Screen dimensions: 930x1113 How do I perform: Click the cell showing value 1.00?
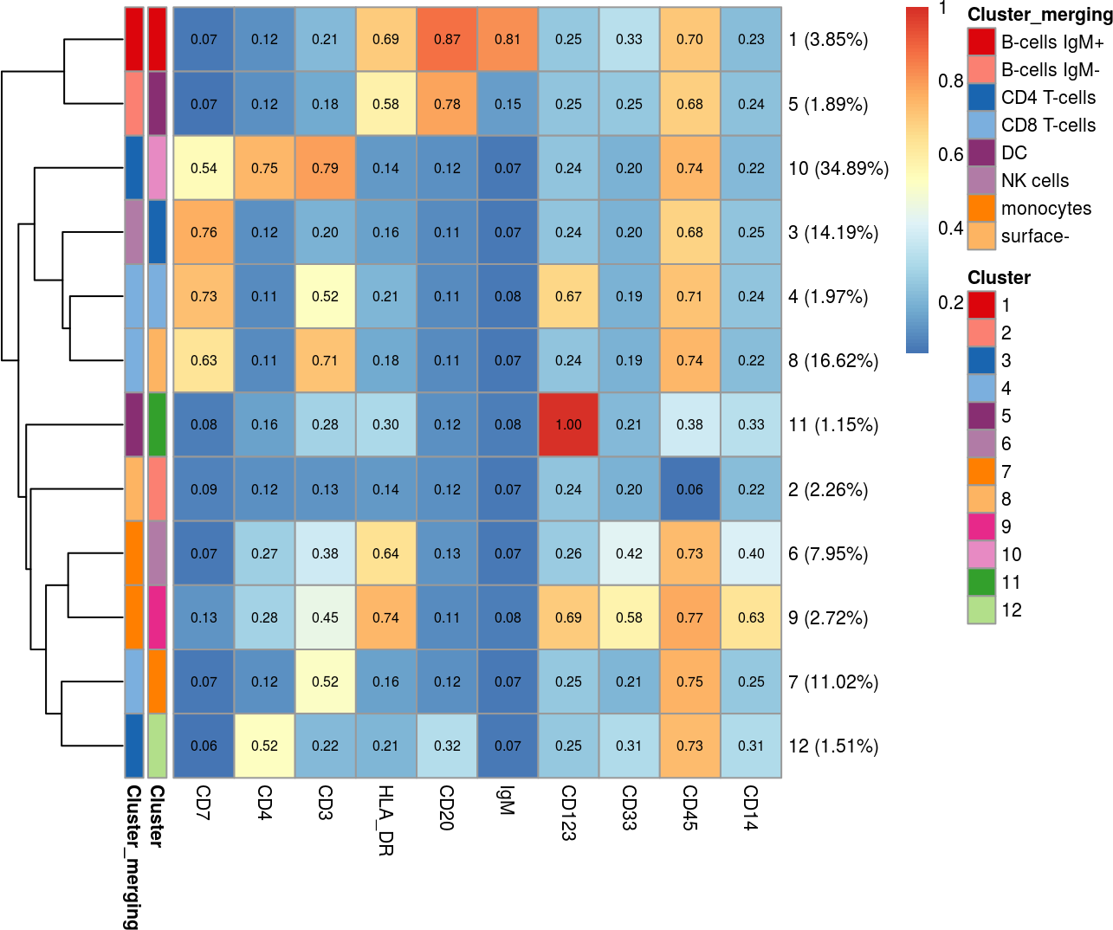pyautogui.click(x=568, y=424)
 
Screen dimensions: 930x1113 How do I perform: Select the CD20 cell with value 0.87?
pyautogui.click(x=447, y=40)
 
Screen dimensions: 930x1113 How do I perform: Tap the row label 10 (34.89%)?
pyautogui.click(x=838, y=168)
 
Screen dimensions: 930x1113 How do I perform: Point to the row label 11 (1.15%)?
pyautogui.click(x=833, y=424)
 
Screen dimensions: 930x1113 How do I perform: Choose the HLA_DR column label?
pyautogui.click(x=386, y=820)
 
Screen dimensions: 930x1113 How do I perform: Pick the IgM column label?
pyautogui.click(x=508, y=800)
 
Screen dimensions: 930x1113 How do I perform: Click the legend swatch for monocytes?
pyautogui.click(x=981, y=209)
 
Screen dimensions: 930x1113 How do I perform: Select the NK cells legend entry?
pyautogui.click(x=1035, y=181)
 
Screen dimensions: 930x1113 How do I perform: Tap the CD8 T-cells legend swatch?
pyautogui.click(x=981, y=126)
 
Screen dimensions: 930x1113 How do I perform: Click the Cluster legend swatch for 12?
pyautogui.click(x=981, y=610)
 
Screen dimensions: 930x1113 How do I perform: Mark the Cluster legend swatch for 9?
pyautogui.click(x=981, y=527)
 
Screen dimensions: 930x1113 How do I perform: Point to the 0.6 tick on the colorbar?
pyautogui.click(x=950, y=155)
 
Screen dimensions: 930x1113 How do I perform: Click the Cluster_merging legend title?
pyautogui.click(x=1039, y=15)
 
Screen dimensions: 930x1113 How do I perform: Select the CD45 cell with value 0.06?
pyautogui.click(x=689, y=489)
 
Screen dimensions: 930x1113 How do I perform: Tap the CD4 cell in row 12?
pyautogui.click(x=265, y=746)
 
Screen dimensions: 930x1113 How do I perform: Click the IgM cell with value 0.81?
pyautogui.click(x=508, y=40)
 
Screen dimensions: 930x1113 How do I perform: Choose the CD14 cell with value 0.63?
pyautogui.click(x=751, y=617)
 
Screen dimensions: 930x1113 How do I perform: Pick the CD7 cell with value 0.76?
pyautogui.click(x=204, y=232)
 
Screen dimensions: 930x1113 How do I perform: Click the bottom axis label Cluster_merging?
pyautogui.click(x=133, y=856)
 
